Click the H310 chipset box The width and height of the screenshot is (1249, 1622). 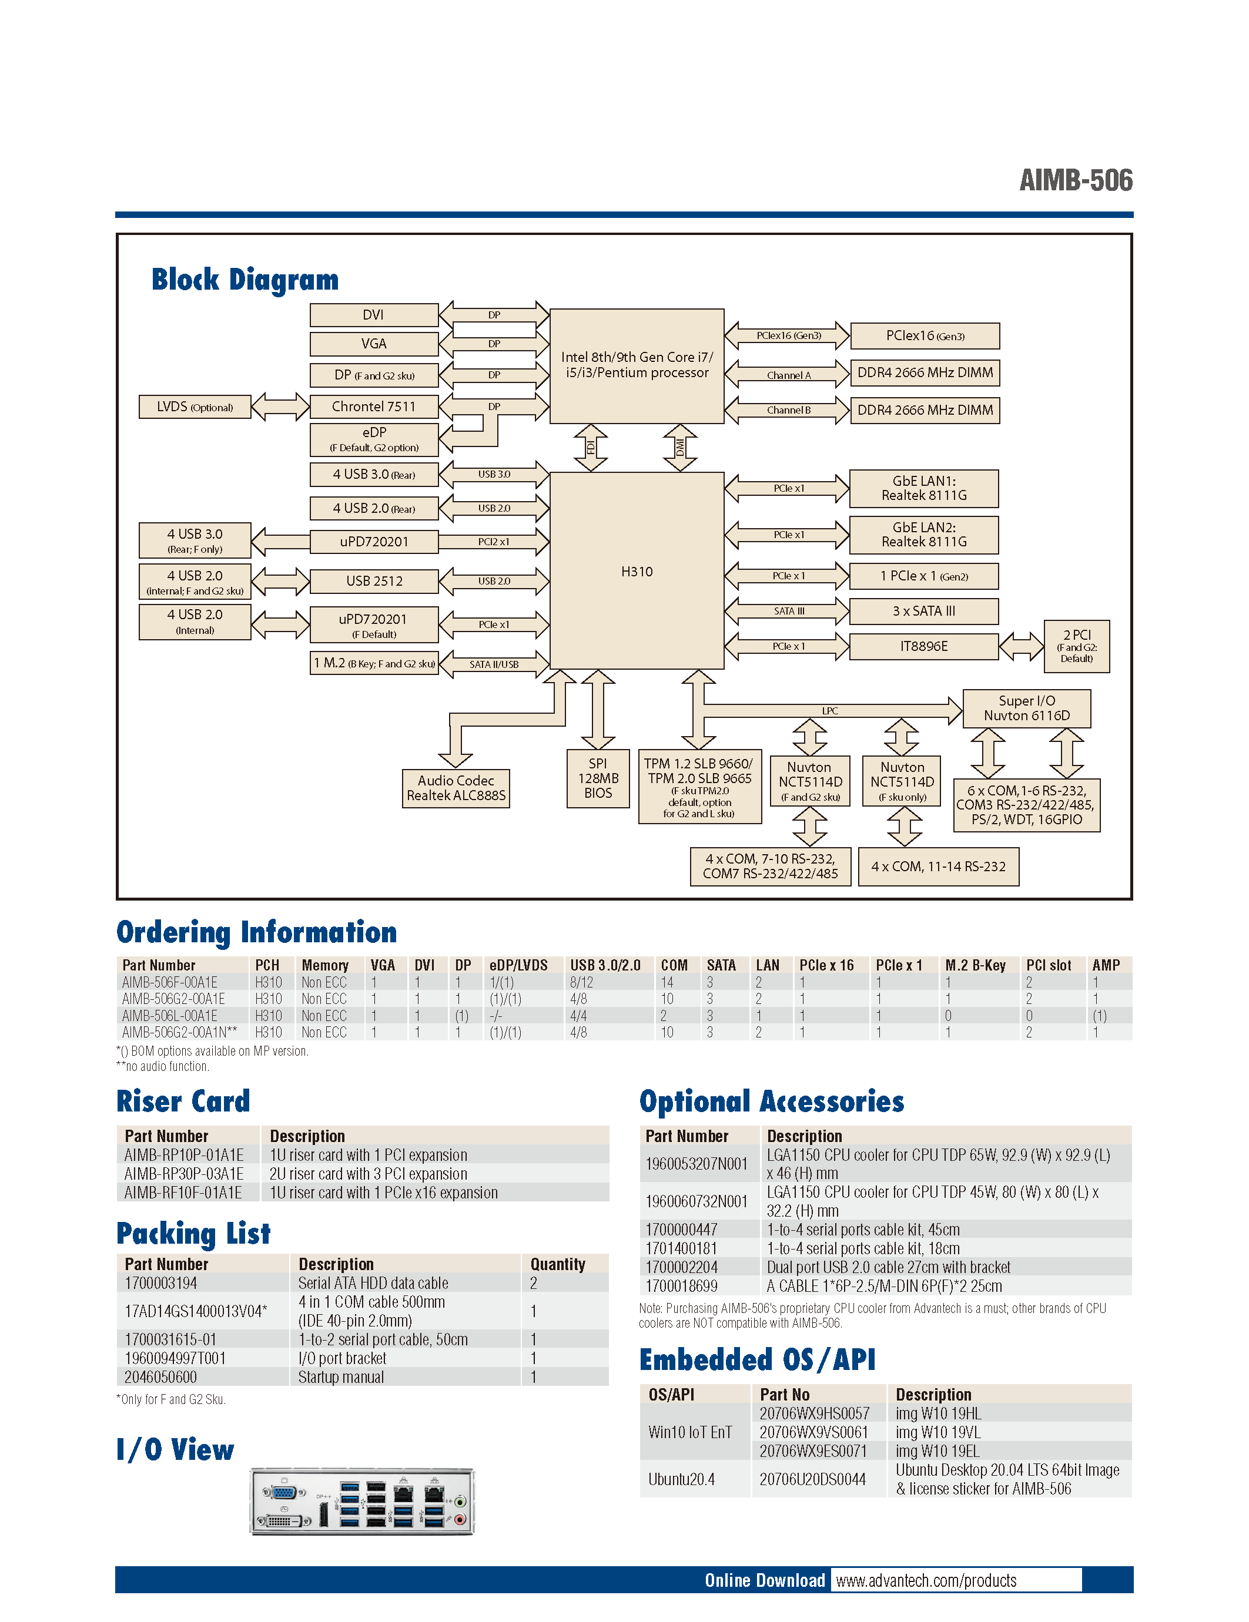(x=636, y=570)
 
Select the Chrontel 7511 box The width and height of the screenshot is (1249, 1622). (x=373, y=407)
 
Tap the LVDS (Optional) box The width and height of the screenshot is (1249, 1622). (x=195, y=407)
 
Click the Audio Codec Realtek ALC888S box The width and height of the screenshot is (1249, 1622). (x=456, y=788)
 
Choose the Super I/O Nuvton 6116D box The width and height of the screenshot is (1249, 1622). (x=1026, y=708)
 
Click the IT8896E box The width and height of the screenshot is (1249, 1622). (x=923, y=646)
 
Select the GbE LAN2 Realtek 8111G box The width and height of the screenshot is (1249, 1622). (x=923, y=535)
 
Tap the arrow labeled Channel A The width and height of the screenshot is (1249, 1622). (x=788, y=374)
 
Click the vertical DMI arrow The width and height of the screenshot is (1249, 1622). (x=679, y=447)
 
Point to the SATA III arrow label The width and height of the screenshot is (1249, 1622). (x=788, y=611)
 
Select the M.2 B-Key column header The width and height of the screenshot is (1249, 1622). (x=975, y=965)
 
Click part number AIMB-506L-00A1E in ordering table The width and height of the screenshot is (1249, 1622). (x=170, y=1015)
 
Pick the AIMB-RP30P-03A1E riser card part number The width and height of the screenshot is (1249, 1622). (x=185, y=1173)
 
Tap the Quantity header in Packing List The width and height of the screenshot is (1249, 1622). (x=557, y=1264)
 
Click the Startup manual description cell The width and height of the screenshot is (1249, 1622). (x=341, y=1377)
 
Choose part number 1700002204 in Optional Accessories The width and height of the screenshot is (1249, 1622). (x=681, y=1267)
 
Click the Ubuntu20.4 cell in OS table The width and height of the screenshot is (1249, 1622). (x=681, y=1479)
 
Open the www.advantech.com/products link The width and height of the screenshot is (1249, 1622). (x=926, y=1580)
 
